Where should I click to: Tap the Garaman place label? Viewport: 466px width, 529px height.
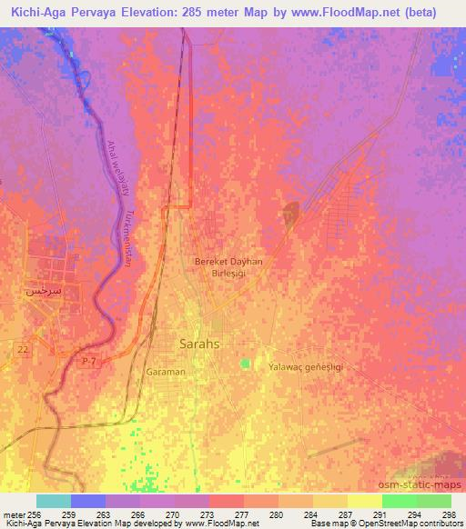pos(165,372)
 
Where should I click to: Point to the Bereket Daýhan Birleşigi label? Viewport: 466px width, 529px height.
pos(228,267)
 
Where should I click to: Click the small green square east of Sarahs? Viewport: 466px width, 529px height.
pos(245,364)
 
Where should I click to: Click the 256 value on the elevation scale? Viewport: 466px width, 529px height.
pos(36,514)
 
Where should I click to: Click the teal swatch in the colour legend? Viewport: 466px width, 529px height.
pos(54,501)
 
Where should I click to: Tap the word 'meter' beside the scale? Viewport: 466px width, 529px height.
pos(14,514)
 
